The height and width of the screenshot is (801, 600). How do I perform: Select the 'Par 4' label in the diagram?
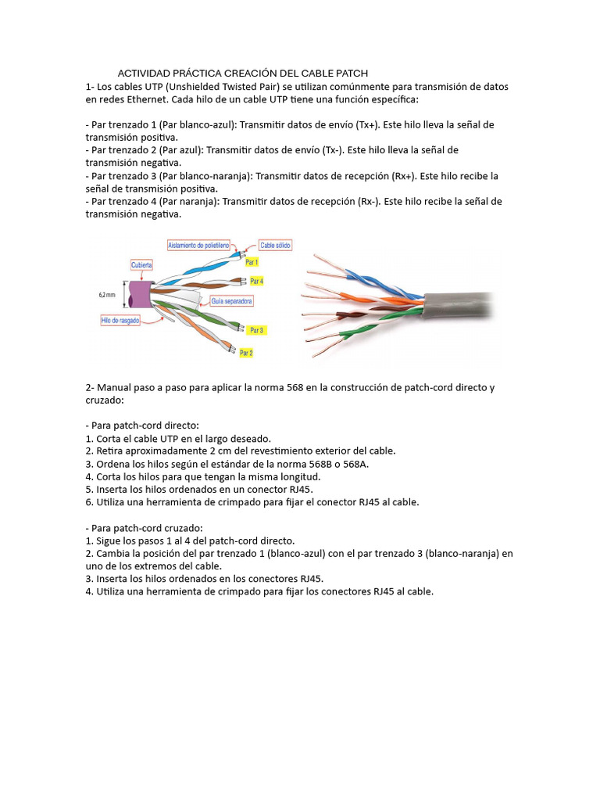(x=256, y=280)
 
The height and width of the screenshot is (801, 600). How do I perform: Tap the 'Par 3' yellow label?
(x=256, y=330)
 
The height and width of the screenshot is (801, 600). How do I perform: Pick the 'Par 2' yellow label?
(x=246, y=353)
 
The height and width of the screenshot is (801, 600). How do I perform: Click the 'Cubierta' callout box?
(x=142, y=264)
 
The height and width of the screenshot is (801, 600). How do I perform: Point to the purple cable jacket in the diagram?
(x=141, y=295)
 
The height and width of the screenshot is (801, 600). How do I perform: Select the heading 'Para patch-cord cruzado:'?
(x=143, y=528)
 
